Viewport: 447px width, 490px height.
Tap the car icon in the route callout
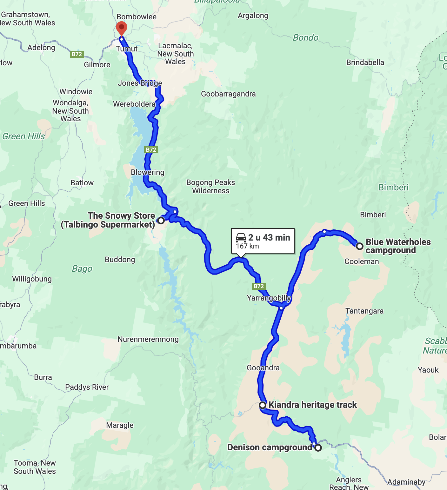pyautogui.click(x=241, y=238)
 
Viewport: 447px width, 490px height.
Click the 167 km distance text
pyautogui.click(x=247, y=246)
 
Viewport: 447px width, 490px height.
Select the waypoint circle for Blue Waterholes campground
pyautogui.click(x=359, y=246)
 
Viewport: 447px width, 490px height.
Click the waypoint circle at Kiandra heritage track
pyautogui.click(x=263, y=405)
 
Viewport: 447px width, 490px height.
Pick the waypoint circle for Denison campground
pyautogui.click(x=318, y=447)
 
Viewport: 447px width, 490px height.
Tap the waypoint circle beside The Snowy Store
pyautogui.click(x=161, y=220)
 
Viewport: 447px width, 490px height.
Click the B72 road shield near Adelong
pyautogui.click(x=77, y=54)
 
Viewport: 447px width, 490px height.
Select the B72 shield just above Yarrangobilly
pyautogui.click(x=258, y=286)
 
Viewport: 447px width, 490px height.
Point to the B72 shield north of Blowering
pyautogui.click(x=151, y=150)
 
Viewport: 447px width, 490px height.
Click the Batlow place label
pyautogui.click(x=82, y=183)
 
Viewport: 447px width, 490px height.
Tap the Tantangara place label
pyautogui.click(x=364, y=311)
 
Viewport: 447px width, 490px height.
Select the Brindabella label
pyautogui.click(x=365, y=63)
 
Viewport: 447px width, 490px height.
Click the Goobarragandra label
pyautogui.click(x=228, y=94)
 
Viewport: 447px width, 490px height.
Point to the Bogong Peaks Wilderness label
pyautogui.click(x=210, y=187)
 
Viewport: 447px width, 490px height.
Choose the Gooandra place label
pyautogui.click(x=263, y=368)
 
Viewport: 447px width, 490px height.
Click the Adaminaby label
pyautogui.click(x=406, y=482)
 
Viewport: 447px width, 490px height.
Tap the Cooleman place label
pyautogui.click(x=362, y=262)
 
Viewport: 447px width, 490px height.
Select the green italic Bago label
pyautogui.click(x=82, y=269)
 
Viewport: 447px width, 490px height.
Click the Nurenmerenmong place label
pyautogui.click(x=148, y=339)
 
